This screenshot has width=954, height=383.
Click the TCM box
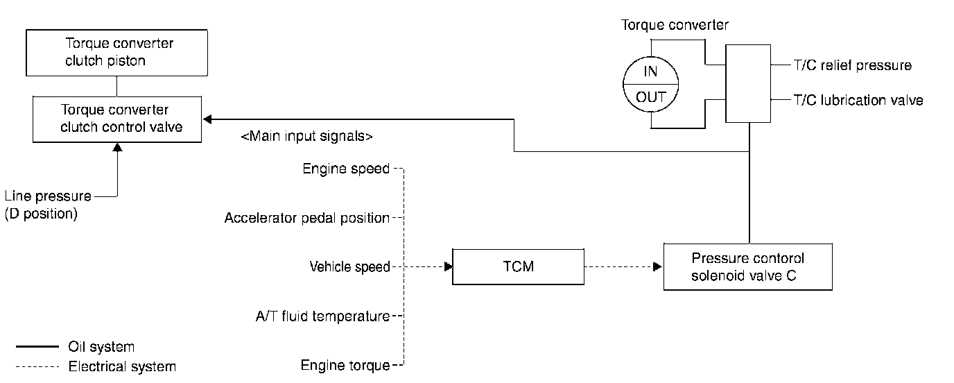tap(519, 266)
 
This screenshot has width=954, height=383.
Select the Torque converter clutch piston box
tap(116, 52)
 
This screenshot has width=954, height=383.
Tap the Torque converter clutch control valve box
tap(116, 119)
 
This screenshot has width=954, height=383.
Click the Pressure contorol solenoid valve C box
tap(747, 266)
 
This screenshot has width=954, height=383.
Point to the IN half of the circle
tap(651, 71)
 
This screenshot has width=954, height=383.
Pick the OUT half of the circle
tap(651, 97)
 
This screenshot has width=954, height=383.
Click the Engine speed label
tap(346, 169)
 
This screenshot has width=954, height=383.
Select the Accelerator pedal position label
tap(306, 218)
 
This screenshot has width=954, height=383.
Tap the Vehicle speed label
tap(349, 266)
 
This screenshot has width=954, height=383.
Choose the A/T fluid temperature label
tap(322, 316)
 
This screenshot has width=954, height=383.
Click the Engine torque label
tap(345, 365)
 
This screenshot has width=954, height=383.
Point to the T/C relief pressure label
tap(852, 66)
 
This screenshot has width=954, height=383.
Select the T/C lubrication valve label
tap(858, 100)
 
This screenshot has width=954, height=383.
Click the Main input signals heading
tap(306, 137)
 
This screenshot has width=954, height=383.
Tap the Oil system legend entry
tap(101, 346)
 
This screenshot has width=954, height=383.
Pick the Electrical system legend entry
tap(122, 366)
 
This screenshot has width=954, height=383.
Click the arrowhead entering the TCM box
tap(448, 266)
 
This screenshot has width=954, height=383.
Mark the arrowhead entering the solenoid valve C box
tap(659, 266)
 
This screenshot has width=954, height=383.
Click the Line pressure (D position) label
tap(47, 205)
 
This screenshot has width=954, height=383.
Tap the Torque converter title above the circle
tap(675, 26)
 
